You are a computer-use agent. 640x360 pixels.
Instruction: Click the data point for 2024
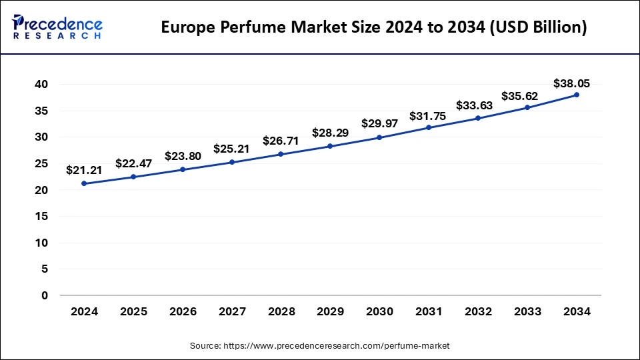point(84,183)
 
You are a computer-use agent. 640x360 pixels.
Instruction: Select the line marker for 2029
point(330,146)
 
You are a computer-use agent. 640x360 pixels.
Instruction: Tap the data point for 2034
point(577,95)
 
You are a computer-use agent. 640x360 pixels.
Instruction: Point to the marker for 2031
point(429,127)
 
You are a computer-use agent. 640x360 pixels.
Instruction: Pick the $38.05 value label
point(571,83)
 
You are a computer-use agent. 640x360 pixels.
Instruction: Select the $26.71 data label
point(280,141)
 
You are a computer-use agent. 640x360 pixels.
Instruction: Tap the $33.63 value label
point(473,105)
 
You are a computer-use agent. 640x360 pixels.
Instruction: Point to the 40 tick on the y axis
point(42,84)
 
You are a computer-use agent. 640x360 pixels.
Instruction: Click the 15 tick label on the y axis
point(42,216)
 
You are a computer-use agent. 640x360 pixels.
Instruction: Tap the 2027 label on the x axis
point(231,312)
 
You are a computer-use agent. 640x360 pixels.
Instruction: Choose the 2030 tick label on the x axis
point(379,312)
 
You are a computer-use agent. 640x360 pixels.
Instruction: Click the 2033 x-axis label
point(527,312)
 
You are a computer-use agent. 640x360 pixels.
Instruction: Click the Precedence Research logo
point(57,27)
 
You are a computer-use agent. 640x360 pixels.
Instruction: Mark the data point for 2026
point(183,169)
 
